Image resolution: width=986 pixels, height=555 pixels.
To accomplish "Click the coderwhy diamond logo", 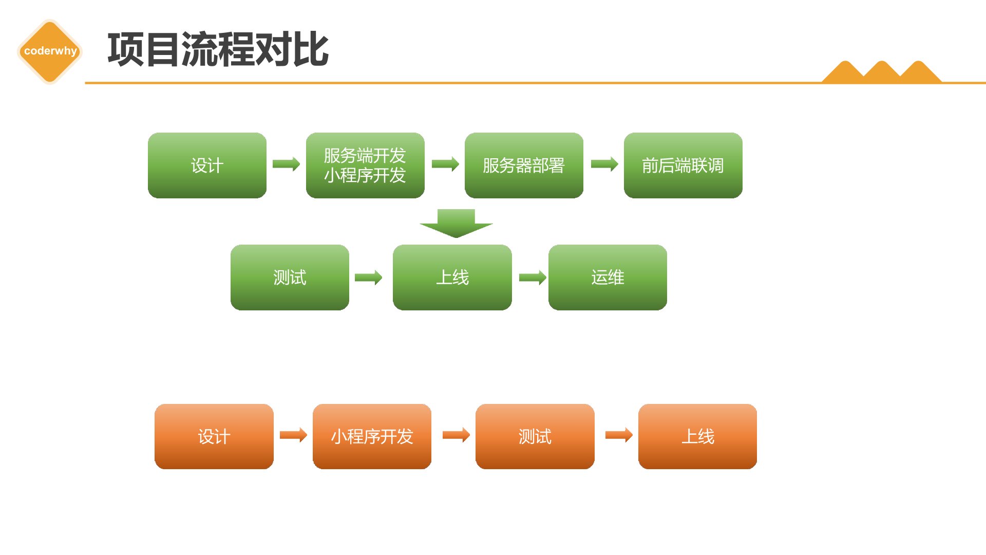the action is pos(50,51).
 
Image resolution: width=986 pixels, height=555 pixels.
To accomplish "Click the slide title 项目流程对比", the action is pos(218,49).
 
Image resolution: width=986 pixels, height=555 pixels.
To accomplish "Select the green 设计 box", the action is pos(207,165).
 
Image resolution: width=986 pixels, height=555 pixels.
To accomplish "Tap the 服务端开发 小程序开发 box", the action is pos(365,165).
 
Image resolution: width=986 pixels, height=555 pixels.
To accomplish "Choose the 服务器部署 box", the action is pos(524,165).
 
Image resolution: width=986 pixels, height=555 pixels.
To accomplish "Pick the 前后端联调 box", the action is pos(683,165).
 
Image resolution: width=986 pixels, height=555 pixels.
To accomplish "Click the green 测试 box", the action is pos(290,277).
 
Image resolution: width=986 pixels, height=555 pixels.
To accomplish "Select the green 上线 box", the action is pos(452,277).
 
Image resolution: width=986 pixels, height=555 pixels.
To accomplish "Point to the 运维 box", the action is pos(608,277).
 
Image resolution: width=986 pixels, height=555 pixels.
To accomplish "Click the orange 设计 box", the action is pos(214,436).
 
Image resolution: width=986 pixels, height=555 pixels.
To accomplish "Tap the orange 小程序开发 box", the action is pos(372,436).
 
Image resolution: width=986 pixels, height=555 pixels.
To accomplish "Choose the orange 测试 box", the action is pos(535,436).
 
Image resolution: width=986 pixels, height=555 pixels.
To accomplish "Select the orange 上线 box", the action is pos(697,436).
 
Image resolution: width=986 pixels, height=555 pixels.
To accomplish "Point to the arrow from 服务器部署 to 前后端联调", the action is pos(604,164).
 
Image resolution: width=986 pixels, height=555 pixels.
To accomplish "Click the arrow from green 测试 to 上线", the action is pos(369,278).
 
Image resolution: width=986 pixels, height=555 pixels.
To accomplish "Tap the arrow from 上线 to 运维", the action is pos(533,278).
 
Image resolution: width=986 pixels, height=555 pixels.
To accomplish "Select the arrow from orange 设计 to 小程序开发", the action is pos(293,435).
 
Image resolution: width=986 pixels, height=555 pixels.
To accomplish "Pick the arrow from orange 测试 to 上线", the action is pos(619,435).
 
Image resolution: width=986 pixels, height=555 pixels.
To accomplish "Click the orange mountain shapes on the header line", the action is pos(882,72).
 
